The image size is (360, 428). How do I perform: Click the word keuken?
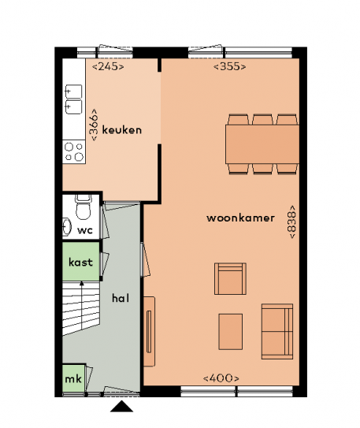click(122, 130)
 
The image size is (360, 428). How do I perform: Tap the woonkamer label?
click(240, 218)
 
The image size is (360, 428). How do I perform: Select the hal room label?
click(121, 298)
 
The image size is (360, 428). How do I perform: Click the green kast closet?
click(80, 262)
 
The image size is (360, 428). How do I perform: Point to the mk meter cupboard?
click(73, 378)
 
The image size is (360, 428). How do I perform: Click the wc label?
click(85, 230)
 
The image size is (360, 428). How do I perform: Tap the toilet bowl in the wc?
click(83, 208)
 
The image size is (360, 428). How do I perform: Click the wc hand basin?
click(66, 226)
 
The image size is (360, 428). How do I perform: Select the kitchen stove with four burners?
click(74, 152)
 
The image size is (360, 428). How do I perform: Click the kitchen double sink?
click(73, 99)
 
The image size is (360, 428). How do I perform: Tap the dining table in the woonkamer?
click(262, 144)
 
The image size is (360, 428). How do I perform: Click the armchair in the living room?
click(230, 279)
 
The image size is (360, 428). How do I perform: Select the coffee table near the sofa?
click(231, 332)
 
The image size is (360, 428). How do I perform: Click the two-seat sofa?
click(277, 331)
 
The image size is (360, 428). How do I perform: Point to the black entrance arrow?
click(121, 407)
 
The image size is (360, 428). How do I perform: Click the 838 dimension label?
click(291, 222)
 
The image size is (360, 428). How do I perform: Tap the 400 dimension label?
click(221, 378)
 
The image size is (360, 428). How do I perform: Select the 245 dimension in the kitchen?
click(108, 66)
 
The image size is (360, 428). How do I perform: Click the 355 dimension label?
click(230, 66)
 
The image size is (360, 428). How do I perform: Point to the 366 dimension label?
click(93, 125)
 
